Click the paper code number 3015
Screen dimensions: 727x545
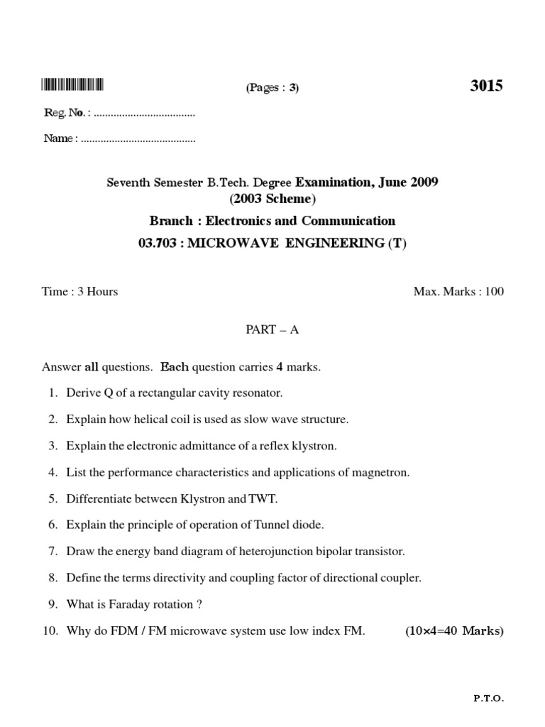coord(486,86)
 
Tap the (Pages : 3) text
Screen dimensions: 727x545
coord(272,88)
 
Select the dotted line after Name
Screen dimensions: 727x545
coord(138,139)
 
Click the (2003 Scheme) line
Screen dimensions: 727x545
coord(272,199)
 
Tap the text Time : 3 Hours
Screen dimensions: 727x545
coord(80,292)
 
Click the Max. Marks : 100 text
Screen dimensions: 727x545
coord(458,292)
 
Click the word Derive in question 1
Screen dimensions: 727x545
coord(84,393)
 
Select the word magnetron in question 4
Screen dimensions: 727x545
coord(384,473)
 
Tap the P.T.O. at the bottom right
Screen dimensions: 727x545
coord(488,699)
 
